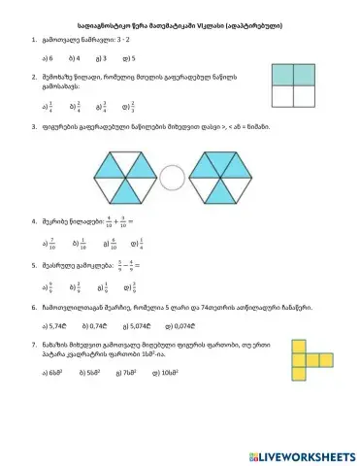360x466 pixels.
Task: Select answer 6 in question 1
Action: click(x=48, y=58)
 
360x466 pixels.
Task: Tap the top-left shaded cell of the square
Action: click(x=277, y=76)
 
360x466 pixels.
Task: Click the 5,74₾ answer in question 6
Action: click(x=54, y=327)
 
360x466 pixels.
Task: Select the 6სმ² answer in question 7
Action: click(x=52, y=372)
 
